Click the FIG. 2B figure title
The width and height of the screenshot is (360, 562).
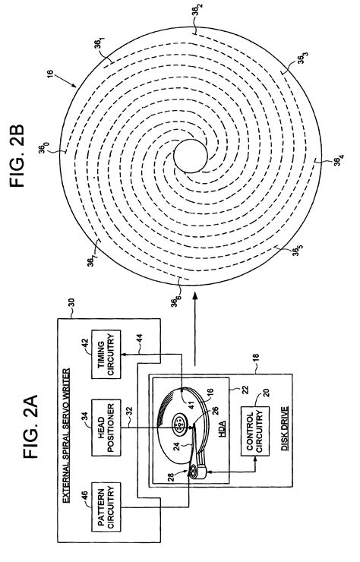[17, 156]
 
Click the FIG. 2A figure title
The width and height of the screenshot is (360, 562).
[31, 427]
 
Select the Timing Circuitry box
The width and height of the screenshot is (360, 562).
[106, 354]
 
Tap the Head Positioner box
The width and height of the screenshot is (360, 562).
[106, 428]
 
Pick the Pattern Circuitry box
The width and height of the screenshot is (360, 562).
[106, 507]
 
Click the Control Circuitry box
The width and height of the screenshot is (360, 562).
[255, 431]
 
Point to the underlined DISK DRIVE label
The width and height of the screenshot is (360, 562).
[285, 428]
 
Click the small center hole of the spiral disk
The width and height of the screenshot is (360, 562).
[191, 156]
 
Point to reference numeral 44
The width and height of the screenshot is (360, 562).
[140, 339]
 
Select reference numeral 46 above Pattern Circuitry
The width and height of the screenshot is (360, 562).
[85, 495]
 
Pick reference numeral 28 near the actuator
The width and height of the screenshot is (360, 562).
[171, 478]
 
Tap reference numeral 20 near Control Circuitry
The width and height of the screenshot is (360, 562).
[267, 393]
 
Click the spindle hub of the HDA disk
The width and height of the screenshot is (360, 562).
[178, 424]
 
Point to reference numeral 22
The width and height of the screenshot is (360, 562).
[245, 390]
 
